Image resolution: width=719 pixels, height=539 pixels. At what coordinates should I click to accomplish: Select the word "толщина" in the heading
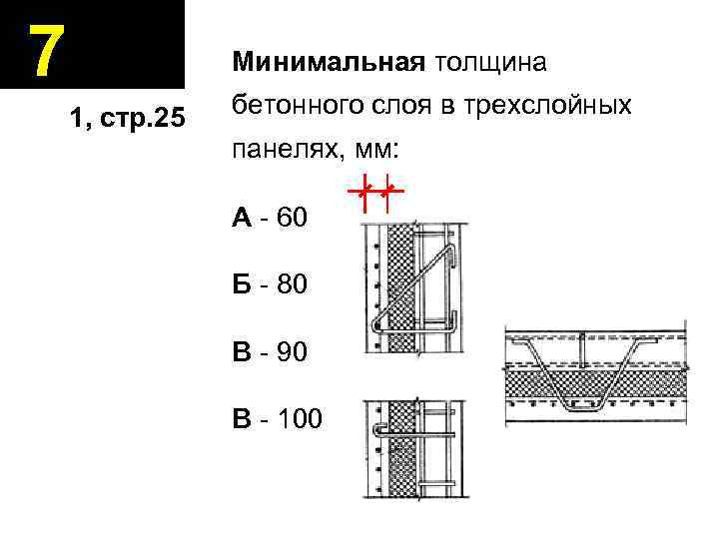coord(489,63)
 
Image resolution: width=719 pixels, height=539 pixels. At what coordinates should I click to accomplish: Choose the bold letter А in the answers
coord(242,218)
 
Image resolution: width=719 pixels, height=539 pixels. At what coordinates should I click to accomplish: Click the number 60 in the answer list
coord(293,218)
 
